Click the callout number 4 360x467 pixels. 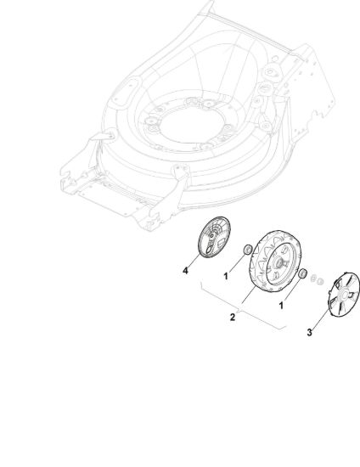click(185, 271)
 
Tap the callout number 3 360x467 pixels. click(310, 332)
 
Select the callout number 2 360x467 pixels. click(233, 317)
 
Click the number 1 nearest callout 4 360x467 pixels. click(226, 277)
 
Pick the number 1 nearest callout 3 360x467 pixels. click(281, 306)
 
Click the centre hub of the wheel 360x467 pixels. click(280, 262)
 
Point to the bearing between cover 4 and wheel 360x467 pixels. click(248, 250)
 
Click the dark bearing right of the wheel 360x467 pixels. click(302, 273)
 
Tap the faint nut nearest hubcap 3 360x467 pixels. click(320, 281)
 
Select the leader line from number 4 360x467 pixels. click(194, 262)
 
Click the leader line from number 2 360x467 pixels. click(249, 295)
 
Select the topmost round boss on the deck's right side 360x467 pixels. click(270, 72)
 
